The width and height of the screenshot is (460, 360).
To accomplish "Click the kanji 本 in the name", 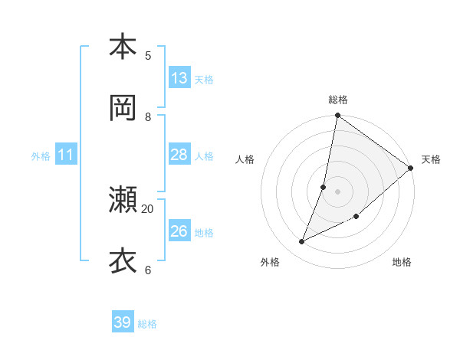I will (123, 47).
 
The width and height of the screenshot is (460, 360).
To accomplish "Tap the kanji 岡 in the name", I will (123, 108).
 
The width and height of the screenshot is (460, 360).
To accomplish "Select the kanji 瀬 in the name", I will (123, 200).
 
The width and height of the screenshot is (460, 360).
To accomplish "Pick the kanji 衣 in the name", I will (123, 261).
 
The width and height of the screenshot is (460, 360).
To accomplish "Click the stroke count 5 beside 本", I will (148, 55).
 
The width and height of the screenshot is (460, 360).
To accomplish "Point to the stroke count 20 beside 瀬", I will (148, 208).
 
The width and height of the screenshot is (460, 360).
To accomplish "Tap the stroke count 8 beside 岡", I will (148, 116).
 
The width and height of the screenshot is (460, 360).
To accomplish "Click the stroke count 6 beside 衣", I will (148, 270).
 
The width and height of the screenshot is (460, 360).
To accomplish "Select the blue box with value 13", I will (179, 78).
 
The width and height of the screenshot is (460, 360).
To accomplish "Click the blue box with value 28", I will (179, 155).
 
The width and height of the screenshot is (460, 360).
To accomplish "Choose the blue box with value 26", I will (179, 231).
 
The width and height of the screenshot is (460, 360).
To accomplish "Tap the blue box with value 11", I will (66, 155).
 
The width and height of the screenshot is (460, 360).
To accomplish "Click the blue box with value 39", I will (123, 322).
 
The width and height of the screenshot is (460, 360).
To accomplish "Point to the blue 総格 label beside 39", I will (147, 324).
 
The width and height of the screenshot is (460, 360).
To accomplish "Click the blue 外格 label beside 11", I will (41, 156).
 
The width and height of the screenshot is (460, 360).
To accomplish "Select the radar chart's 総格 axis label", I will (338, 100).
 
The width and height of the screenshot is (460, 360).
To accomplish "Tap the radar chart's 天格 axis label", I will (431, 159).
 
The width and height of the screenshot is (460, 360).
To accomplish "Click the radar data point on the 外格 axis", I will (302, 242).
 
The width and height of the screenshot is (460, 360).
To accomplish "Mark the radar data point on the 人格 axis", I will (324, 187).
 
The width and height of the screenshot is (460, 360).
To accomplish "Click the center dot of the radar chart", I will (338, 191).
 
